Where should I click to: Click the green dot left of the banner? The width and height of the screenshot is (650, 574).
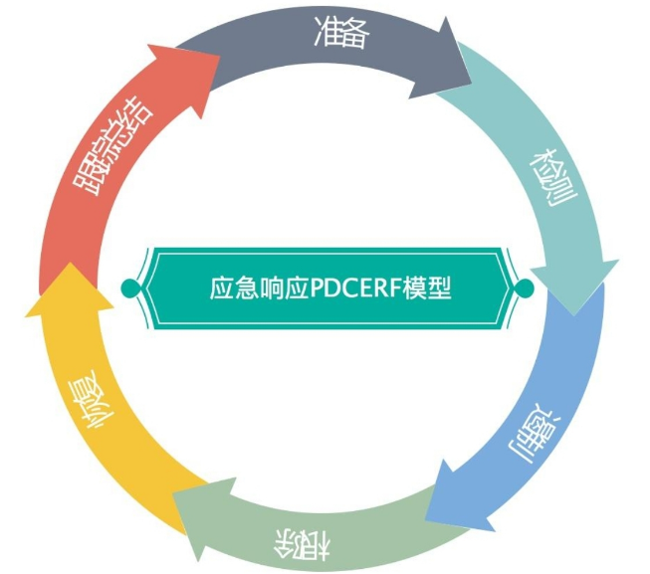[127, 287]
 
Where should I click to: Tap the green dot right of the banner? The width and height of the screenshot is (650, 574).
[527, 287]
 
